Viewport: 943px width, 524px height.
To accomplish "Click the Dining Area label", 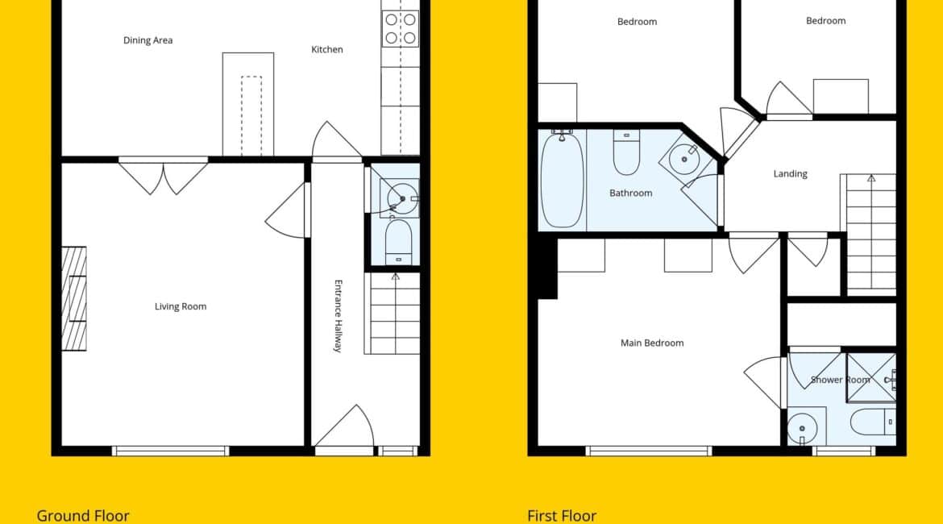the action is click(x=148, y=40).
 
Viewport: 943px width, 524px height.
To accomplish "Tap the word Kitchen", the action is click(x=327, y=49).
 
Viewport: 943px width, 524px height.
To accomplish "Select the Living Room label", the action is click(x=181, y=306).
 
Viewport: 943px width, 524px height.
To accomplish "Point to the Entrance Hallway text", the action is click(x=338, y=316).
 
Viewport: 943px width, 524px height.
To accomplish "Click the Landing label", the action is click(x=790, y=174).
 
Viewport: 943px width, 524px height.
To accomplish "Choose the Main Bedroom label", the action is click(x=652, y=343).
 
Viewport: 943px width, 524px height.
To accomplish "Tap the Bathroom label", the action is click(x=631, y=193).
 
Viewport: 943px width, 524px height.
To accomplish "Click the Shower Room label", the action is click(x=840, y=380).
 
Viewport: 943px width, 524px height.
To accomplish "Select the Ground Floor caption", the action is click(x=83, y=516).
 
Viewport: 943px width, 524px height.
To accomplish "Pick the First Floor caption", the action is click(x=563, y=516).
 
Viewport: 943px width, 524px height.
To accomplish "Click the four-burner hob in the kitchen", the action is click(x=401, y=29).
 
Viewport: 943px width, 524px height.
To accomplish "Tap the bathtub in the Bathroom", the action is click(x=563, y=180).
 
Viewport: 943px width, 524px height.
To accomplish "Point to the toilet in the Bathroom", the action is click(x=626, y=153).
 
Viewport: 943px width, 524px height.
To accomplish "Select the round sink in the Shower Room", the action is click(x=802, y=428).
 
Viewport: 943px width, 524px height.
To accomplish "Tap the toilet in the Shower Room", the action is click(x=873, y=422).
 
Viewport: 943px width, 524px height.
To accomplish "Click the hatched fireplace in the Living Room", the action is click(x=75, y=298).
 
